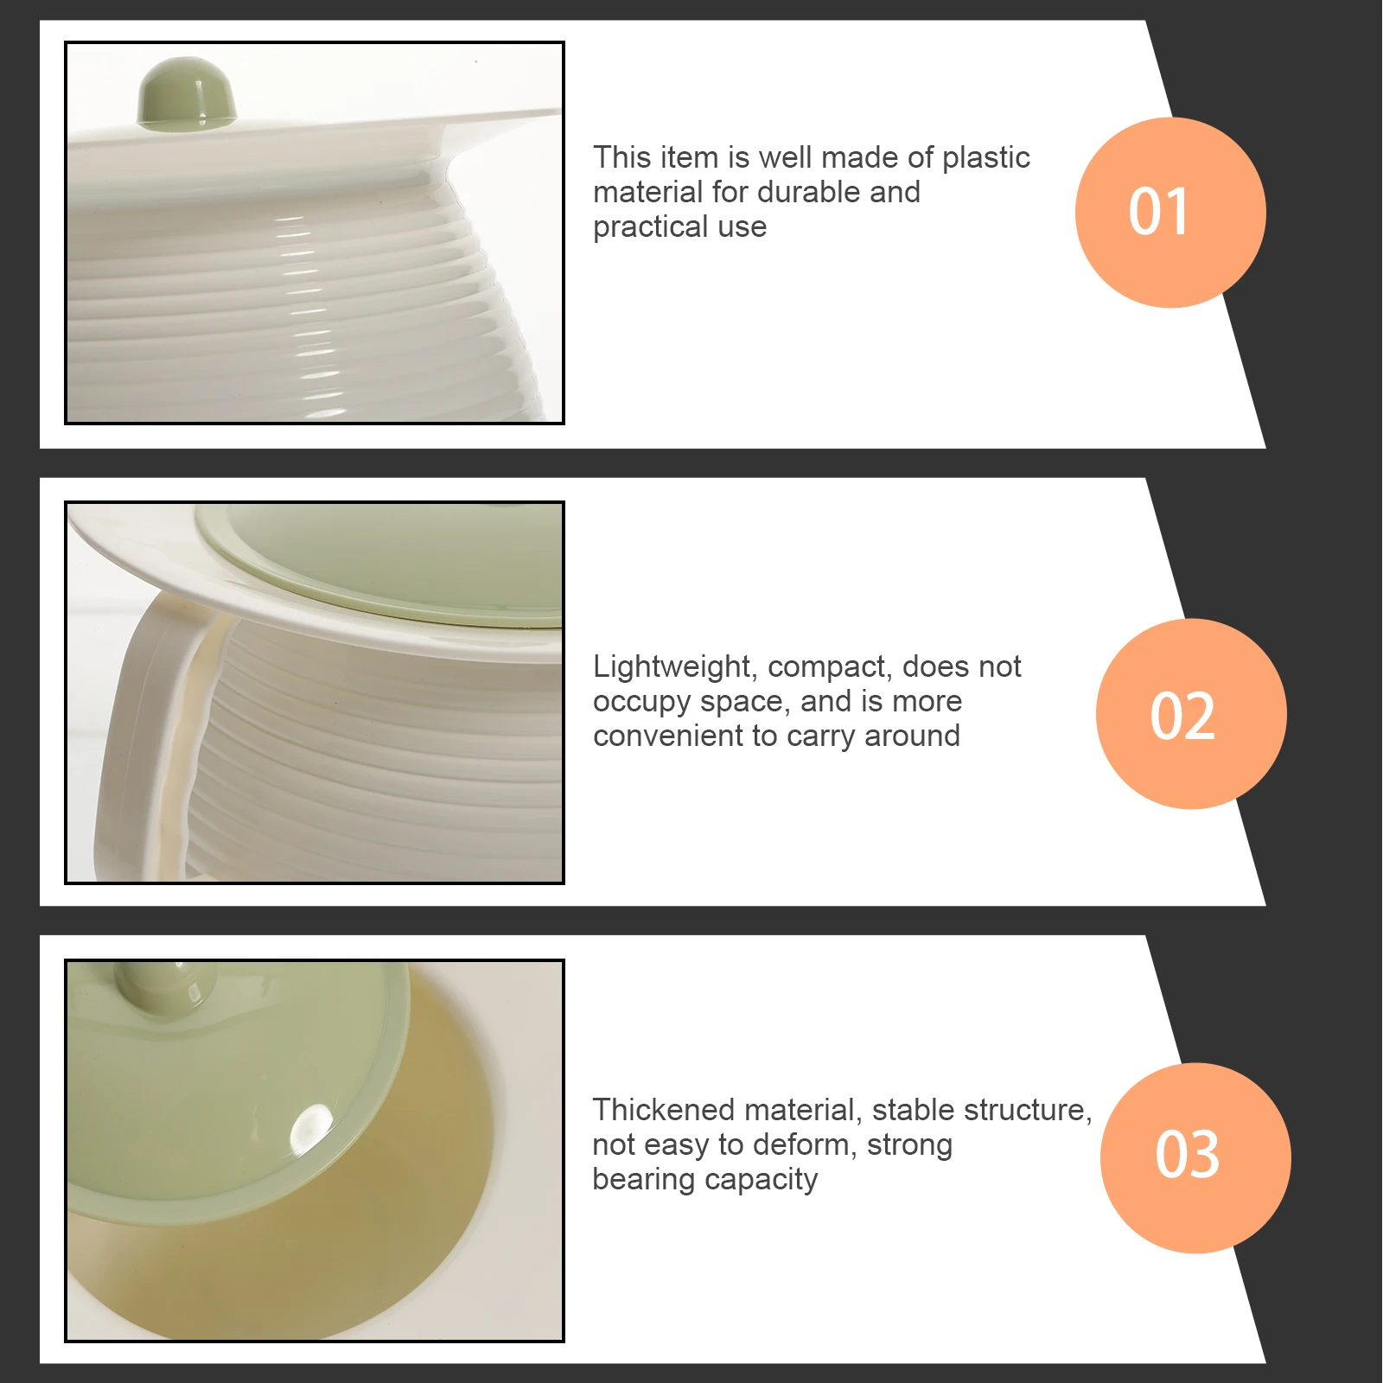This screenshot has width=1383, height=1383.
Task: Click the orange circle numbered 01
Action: [x=1169, y=213]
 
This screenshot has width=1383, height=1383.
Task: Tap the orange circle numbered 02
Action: [x=1190, y=714]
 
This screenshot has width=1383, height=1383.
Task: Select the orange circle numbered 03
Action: [x=1195, y=1157]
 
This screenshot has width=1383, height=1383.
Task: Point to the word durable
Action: [x=809, y=192]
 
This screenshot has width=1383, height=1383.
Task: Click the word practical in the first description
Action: [x=650, y=227]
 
